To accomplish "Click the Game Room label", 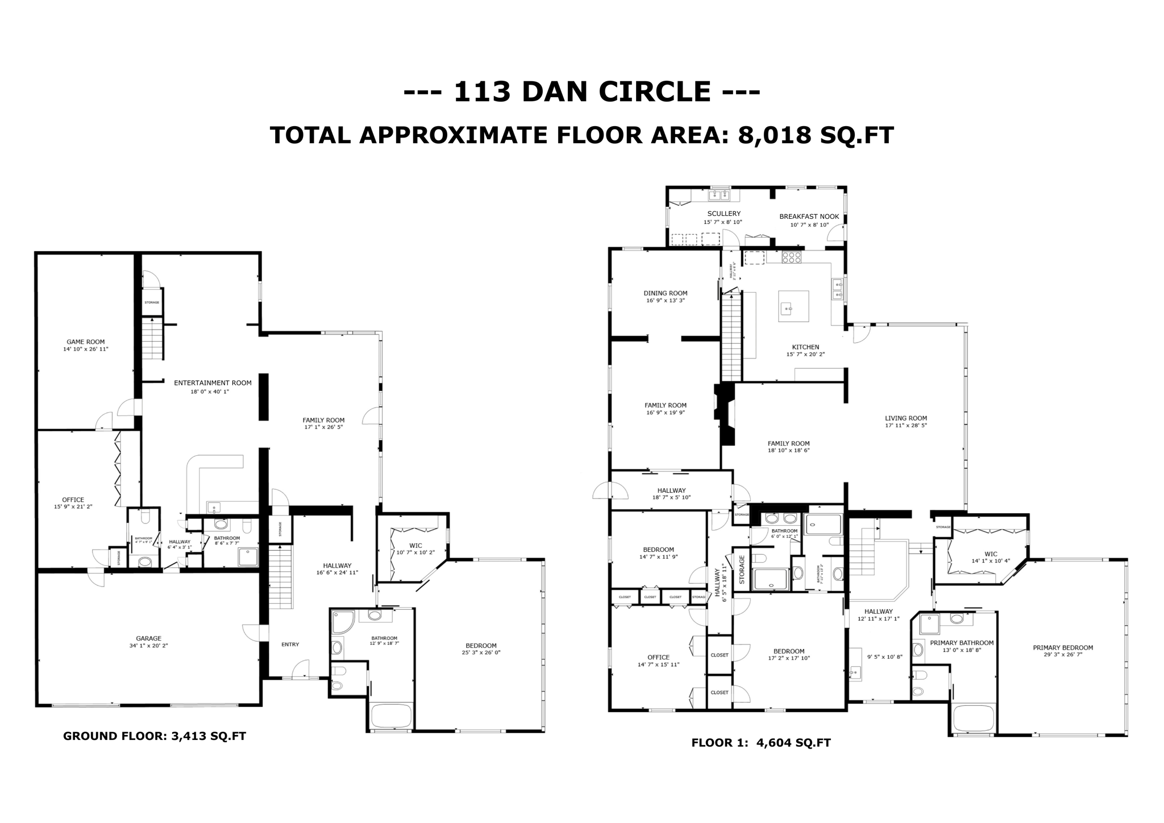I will point(85,342).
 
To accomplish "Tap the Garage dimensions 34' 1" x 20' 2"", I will point(148,646).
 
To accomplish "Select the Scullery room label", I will point(724,214).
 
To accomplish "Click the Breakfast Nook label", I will point(809,217).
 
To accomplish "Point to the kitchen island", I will point(794,306).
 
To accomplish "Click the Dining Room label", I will point(665,293).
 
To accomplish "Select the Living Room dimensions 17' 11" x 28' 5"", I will point(905,425).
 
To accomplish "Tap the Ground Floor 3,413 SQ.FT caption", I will point(154,736).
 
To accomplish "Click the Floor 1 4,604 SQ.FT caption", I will point(760,742).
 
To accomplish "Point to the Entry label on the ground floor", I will point(290,644).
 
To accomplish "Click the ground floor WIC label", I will point(415,545).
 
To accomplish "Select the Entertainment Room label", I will point(213,383).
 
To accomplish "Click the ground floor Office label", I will point(73,500).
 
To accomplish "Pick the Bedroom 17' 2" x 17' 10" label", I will point(788,651).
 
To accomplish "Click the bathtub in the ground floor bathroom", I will point(390,716).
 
